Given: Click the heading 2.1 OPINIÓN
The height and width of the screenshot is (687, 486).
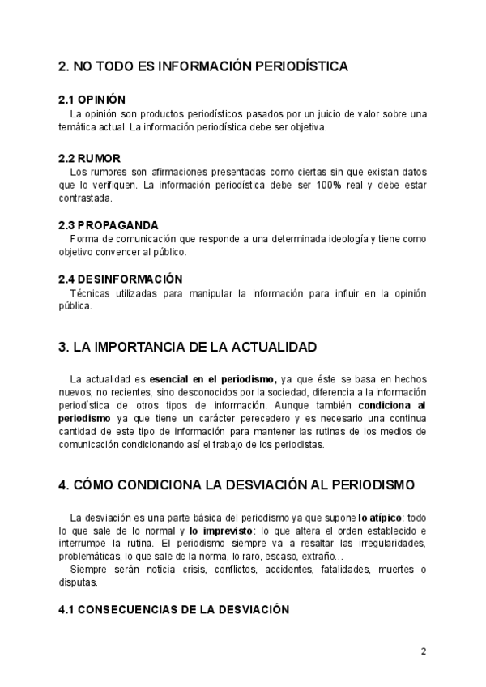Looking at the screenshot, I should pyautogui.click(x=92, y=99).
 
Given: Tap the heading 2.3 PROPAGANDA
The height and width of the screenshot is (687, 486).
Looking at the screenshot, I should pyautogui.click(x=109, y=224).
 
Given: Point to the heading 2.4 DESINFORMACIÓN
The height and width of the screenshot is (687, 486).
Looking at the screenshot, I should pyautogui.click(x=120, y=278).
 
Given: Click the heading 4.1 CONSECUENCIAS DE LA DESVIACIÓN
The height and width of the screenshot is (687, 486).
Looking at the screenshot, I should pyautogui.click(x=173, y=609).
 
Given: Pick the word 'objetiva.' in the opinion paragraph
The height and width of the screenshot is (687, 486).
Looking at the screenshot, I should pyautogui.click(x=304, y=127).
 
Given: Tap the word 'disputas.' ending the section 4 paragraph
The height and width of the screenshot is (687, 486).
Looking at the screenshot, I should pyautogui.click(x=78, y=582).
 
